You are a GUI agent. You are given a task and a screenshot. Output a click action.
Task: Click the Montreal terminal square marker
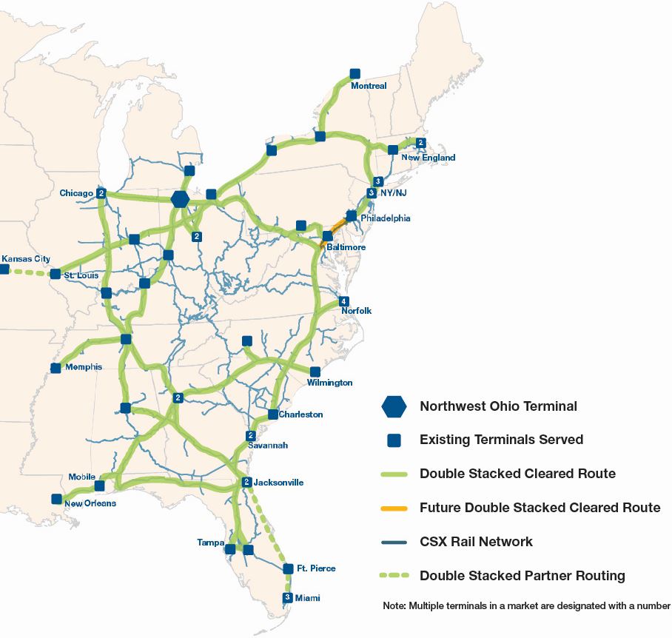[x=355, y=74]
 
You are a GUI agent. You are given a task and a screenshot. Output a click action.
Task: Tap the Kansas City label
[x=26, y=258]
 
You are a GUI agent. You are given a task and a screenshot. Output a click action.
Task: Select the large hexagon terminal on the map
[x=179, y=199]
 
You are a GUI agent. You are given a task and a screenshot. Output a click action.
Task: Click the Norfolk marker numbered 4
[x=343, y=301]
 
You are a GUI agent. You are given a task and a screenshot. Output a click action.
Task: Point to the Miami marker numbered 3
[x=288, y=597]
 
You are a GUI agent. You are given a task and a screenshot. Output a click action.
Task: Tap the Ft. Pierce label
[x=316, y=568]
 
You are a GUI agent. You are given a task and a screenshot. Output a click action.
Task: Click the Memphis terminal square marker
[x=56, y=368]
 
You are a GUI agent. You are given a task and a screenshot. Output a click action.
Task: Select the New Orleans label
[x=90, y=503]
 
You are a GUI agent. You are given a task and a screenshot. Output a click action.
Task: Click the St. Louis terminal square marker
[x=55, y=274]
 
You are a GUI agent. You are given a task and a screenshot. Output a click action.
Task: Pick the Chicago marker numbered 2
[x=101, y=193]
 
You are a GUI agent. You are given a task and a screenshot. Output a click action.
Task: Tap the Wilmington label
[x=330, y=383]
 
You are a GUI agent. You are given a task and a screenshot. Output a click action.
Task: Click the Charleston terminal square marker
[x=273, y=414]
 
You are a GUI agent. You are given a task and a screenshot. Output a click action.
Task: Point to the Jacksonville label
[x=278, y=483]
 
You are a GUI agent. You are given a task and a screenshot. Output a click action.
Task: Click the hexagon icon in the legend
[x=394, y=406]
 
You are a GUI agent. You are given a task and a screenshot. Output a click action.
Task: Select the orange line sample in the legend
[x=394, y=508]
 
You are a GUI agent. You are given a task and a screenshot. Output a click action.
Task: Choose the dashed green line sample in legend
[x=394, y=576]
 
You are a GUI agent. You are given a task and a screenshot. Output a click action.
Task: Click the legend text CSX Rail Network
[x=476, y=542]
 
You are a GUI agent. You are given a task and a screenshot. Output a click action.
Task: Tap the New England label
[x=428, y=158]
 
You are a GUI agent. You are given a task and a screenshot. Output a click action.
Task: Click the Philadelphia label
[x=385, y=218]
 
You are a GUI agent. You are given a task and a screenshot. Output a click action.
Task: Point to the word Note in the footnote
[x=394, y=605]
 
